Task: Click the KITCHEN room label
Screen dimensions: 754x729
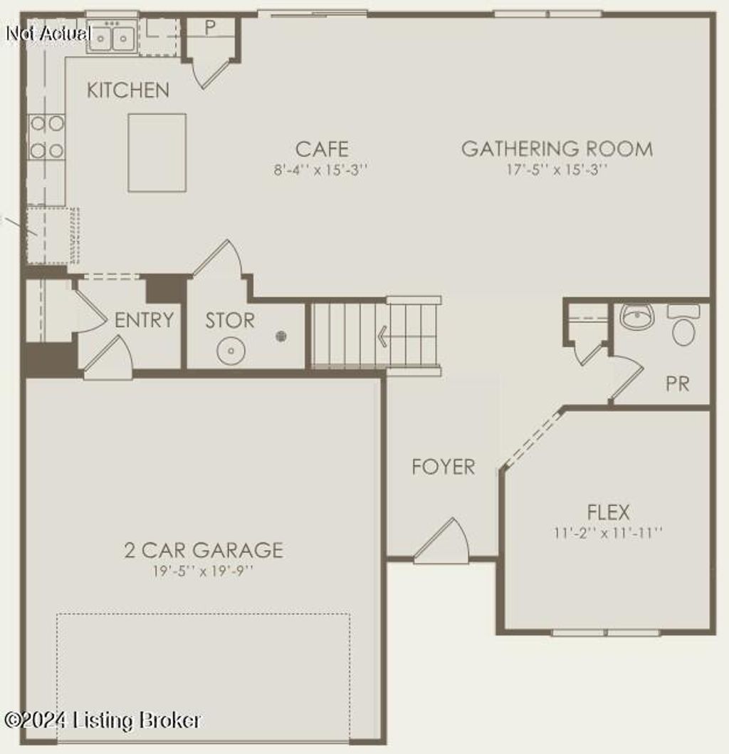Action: (128, 91)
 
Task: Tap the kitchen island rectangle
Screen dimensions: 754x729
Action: (157, 153)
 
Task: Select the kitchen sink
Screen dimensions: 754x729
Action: (112, 36)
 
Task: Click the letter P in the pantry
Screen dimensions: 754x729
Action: (210, 28)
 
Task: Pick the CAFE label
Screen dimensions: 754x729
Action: (322, 149)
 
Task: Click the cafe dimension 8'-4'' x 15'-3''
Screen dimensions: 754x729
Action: (322, 170)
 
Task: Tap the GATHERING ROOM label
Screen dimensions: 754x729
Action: (557, 149)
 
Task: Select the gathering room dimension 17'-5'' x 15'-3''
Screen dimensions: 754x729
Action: (557, 170)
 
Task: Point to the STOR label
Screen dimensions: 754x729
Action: (230, 321)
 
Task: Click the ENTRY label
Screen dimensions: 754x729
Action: (144, 321)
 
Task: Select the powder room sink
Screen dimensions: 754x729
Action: (636, 316)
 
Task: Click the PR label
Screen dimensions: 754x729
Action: (678, 383)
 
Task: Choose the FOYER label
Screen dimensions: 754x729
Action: (444, 468)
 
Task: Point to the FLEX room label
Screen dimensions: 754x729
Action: (608, 512)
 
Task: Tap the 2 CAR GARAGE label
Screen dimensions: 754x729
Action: (204, 550)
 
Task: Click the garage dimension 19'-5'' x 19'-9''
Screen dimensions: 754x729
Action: (204, 571)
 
